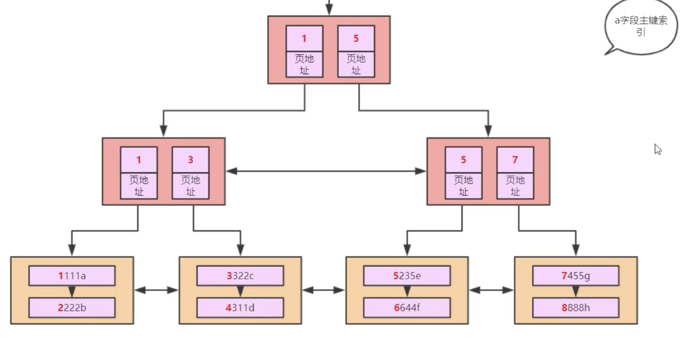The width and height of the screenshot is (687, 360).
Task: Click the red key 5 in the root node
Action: (356, 39)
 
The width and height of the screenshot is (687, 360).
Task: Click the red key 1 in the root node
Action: (304, 39)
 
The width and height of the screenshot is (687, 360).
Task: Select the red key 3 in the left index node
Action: (190, 160)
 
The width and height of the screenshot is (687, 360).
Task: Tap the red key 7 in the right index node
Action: (515, 160)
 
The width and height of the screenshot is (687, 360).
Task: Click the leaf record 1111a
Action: (72, 276)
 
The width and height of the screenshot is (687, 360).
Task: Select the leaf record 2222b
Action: (72, 308)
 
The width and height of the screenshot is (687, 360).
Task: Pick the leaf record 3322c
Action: (240, 276)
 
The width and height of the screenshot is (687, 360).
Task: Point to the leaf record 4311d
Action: (240, 308)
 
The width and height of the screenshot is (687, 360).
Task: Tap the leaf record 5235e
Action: (407, 276)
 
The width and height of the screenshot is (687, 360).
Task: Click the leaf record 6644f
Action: (407, 308)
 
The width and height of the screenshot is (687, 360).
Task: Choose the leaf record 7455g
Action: (576, 276)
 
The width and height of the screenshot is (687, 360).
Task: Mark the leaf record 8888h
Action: (576, 308)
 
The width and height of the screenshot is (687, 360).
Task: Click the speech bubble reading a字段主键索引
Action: (641, 26)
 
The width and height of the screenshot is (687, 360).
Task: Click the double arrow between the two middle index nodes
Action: (326, 171)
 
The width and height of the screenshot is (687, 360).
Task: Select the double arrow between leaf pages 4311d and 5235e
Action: (324, 290)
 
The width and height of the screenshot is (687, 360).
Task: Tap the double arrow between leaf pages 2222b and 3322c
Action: (156, 290)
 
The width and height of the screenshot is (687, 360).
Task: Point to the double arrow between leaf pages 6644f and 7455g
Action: (491, 290)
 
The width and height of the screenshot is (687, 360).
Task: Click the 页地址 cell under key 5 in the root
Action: (356, 64)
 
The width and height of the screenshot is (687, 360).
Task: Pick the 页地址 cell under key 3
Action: (190, 186)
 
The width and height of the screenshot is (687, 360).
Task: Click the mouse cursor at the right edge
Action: (658, 149)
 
